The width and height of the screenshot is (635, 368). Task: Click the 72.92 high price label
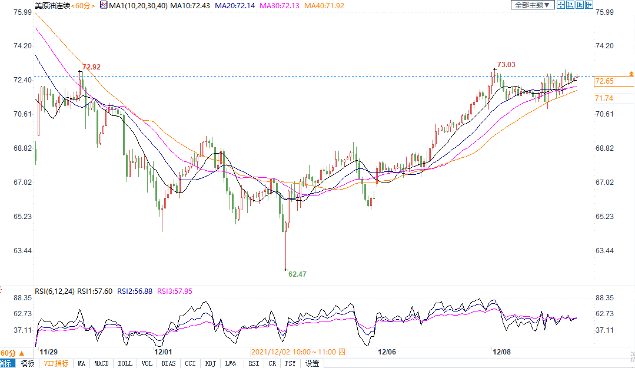click(x=92, y=67)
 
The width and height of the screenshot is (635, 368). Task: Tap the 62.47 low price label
click(x=298, y=274)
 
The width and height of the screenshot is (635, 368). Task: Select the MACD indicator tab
click(x=102, y=363)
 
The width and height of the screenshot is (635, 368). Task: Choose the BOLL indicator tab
click(x=125, y=363)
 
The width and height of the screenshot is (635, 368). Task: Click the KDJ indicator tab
click(x=210, y=363)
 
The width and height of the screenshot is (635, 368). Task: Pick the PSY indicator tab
click(x=291, y=363)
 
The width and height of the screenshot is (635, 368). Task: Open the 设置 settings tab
click(x=312, y=363)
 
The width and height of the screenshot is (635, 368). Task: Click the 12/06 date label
click(x=387, y=352)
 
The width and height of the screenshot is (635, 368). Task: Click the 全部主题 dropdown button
click(x=532, y=5)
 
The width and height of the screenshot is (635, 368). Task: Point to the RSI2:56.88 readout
click(x=135, y=291)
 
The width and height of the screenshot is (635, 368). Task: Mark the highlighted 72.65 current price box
click(x=605, y=81)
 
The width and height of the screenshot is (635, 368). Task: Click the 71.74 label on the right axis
click(x=604, y=98)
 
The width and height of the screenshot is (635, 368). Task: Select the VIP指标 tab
click(x=56, y=363)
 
